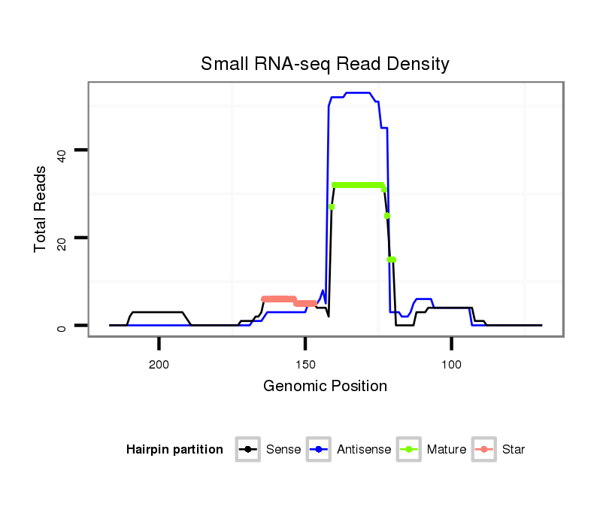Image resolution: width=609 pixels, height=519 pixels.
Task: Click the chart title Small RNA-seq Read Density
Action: click(325, 64)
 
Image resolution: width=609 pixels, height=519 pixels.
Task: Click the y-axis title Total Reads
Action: click(41, 208)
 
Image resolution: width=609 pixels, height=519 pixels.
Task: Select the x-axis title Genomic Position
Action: click(325, 387)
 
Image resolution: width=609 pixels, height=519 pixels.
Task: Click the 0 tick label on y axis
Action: click(62, 328)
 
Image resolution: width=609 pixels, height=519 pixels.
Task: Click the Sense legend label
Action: click(283, 450)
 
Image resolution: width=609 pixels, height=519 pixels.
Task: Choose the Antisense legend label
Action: click(364, 450)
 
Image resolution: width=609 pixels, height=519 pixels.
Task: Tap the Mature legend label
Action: click(447, 450)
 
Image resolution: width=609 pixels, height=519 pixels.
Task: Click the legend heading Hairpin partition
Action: click(174, 450)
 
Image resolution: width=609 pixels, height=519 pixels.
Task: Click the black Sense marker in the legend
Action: click(248, 450)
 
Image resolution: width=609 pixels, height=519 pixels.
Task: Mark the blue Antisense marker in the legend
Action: click(319, 450)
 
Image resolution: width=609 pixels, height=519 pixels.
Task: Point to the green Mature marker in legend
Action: click(409, 450)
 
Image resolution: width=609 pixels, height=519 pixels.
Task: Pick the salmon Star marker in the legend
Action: click(484, 450)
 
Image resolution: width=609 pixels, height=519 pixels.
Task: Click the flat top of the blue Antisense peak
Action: click(357, 93)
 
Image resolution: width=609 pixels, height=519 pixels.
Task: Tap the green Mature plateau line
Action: click(358, 185)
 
